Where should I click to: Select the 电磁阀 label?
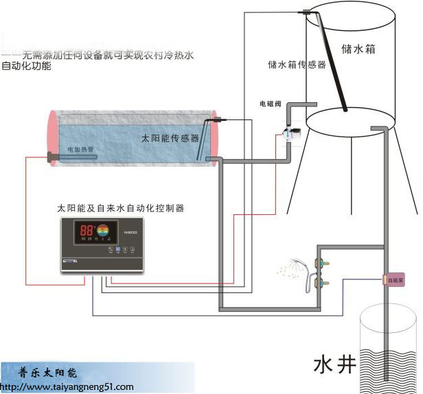pyautogui.click(x=271, y=104)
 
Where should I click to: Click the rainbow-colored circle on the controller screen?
pyautogui.click(x=103, y=232)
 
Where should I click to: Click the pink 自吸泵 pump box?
pyautogui.click(x=394, y=280)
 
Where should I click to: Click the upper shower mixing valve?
pyautogui.click(x=318, y=261)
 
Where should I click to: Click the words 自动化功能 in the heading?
pyautogui.click(x=28, y=67)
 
